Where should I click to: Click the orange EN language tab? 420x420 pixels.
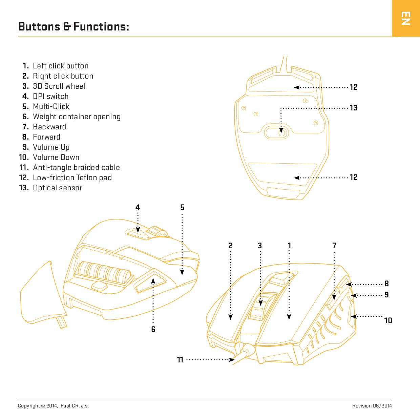click(x=405, y=18)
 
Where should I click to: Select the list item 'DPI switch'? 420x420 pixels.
click(x=50, y=96)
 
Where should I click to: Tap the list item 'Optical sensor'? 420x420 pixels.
click(x=57, y=188)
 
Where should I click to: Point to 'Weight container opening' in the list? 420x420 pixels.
click(x=77, y=117)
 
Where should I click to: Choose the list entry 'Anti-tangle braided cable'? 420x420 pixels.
click(x=76, y=167)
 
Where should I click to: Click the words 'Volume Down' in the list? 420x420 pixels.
click(x=56, y=157)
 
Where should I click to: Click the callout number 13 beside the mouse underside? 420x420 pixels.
click(x=353, y=108)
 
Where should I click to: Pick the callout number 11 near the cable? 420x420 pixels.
click(x=180, y=360)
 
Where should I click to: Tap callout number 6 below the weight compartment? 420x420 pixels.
click(x=153, y=329)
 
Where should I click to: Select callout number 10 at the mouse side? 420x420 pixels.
click(x=388, y=320)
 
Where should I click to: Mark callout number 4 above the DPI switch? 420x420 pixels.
click(x=138, y=207)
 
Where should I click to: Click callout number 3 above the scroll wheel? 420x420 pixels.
click(x=260, y=246)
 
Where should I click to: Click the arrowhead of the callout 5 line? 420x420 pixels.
click(x=182, y=272)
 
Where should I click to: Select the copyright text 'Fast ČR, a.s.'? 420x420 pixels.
click(x=75, y=406)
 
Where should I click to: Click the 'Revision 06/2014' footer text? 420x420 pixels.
click(x=372, y=406)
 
